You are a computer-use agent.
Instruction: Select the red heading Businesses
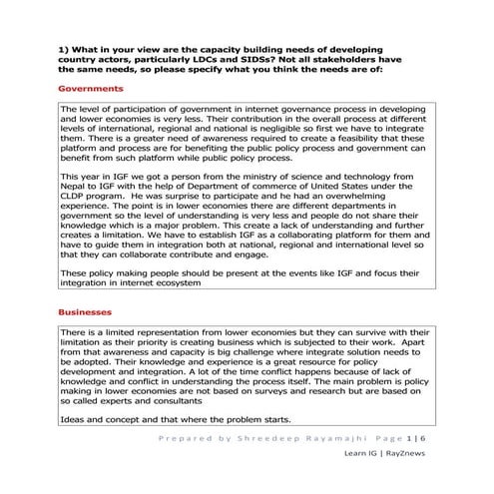click(86, 312)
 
